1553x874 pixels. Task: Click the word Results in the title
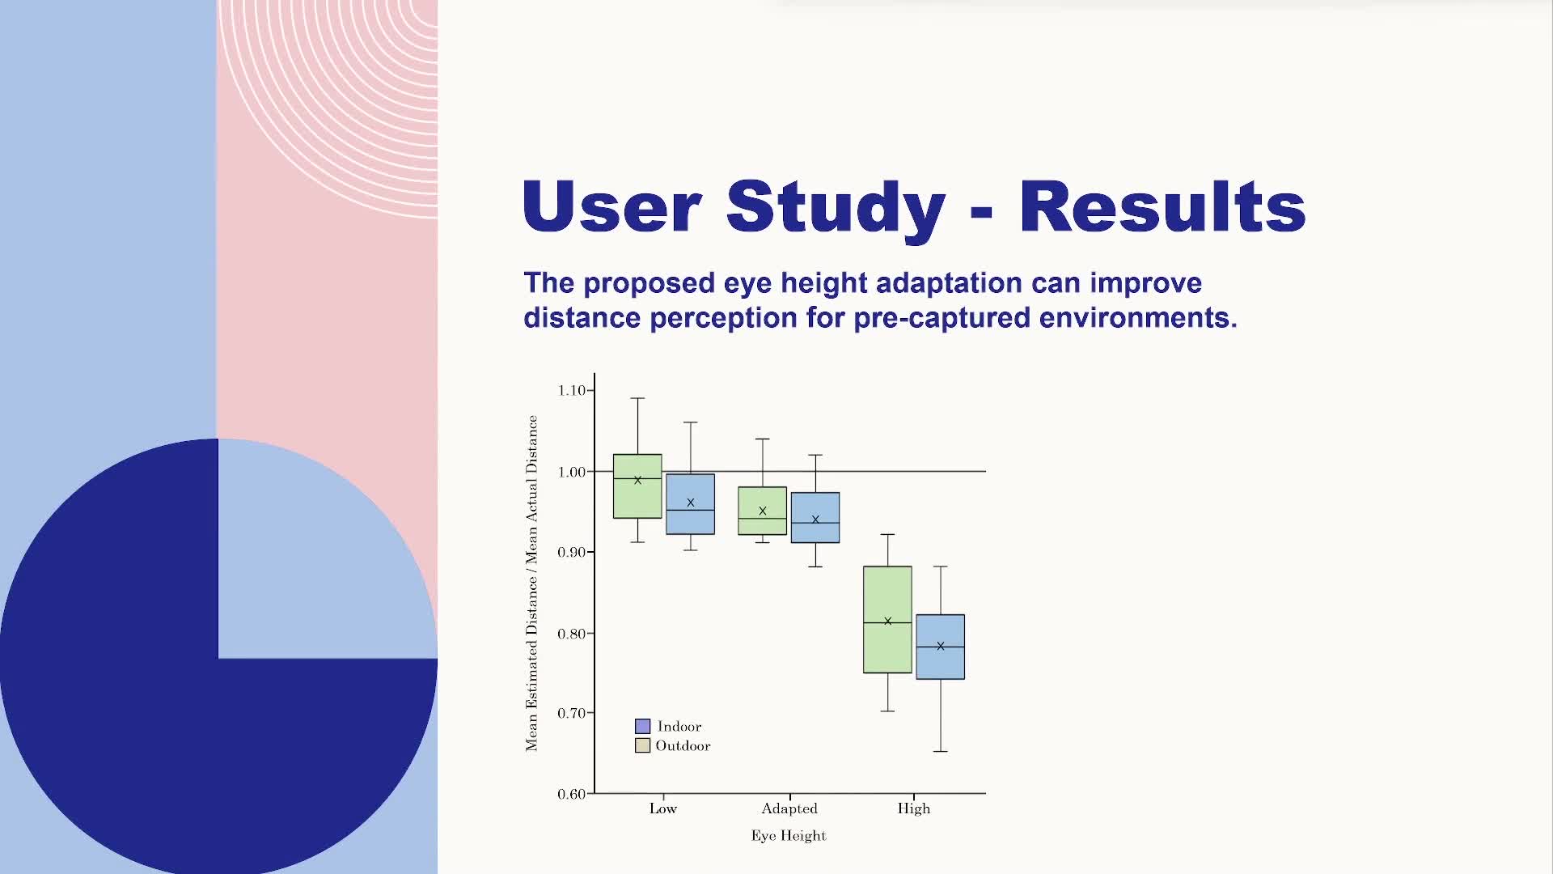click(x=1162, y=207)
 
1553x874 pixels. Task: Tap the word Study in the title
click(x=836, y=207)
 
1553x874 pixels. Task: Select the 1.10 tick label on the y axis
click(x=571, y=391)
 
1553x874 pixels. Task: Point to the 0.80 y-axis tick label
click(x=571, y=634)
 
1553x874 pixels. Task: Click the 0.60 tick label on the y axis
click(x=571, y=794)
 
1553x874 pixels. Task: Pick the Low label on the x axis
click(x=662, y=808)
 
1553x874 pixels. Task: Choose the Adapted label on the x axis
click(x=789, y=808)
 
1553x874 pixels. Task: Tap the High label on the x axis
click(x=913, y=808)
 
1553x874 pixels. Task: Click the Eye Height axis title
click(x=788, y=836)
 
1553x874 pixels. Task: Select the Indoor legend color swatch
click(x=642, y=726)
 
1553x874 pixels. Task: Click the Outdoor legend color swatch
click(x=642, y=745)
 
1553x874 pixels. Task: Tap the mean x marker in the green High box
click(x=887, y=622)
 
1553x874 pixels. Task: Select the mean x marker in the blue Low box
click(x=690, y=503)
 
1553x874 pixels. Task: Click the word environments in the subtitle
click(x=1137, y=318)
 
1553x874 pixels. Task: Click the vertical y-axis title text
click(x=531, y=583)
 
